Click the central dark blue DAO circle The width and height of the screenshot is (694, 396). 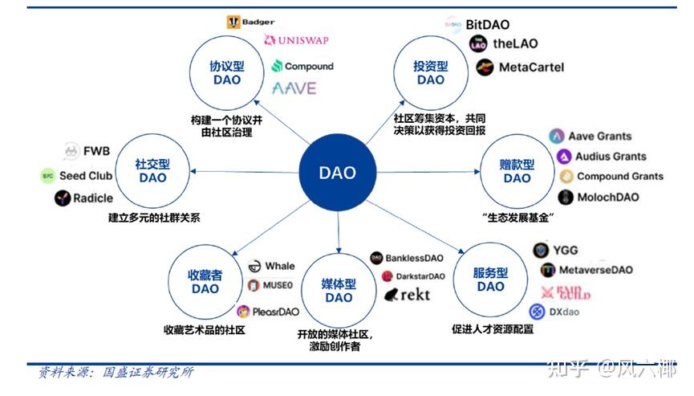337,173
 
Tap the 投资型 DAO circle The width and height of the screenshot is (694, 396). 430,73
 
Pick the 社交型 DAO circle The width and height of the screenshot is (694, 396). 152,170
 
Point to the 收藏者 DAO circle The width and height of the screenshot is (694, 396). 205,281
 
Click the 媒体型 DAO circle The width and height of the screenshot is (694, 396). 339,290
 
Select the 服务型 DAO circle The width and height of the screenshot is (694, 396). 490,279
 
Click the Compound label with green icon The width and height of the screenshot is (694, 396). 302,66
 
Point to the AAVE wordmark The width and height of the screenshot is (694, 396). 294,88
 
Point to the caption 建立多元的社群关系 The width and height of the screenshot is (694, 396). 154,217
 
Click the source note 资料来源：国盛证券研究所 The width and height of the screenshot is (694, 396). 116,373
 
